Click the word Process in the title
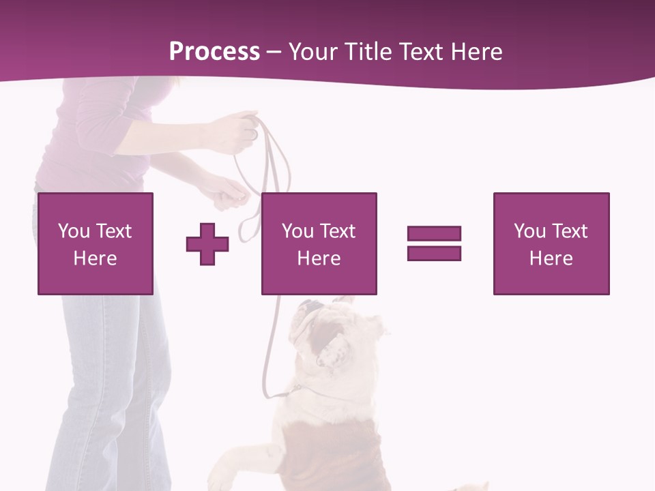(214, 52)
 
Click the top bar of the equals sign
(434, 233)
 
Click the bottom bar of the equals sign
(434, 253)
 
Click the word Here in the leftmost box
(95, 258)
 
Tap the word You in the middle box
(297, 231)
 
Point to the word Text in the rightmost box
(570, 231)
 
